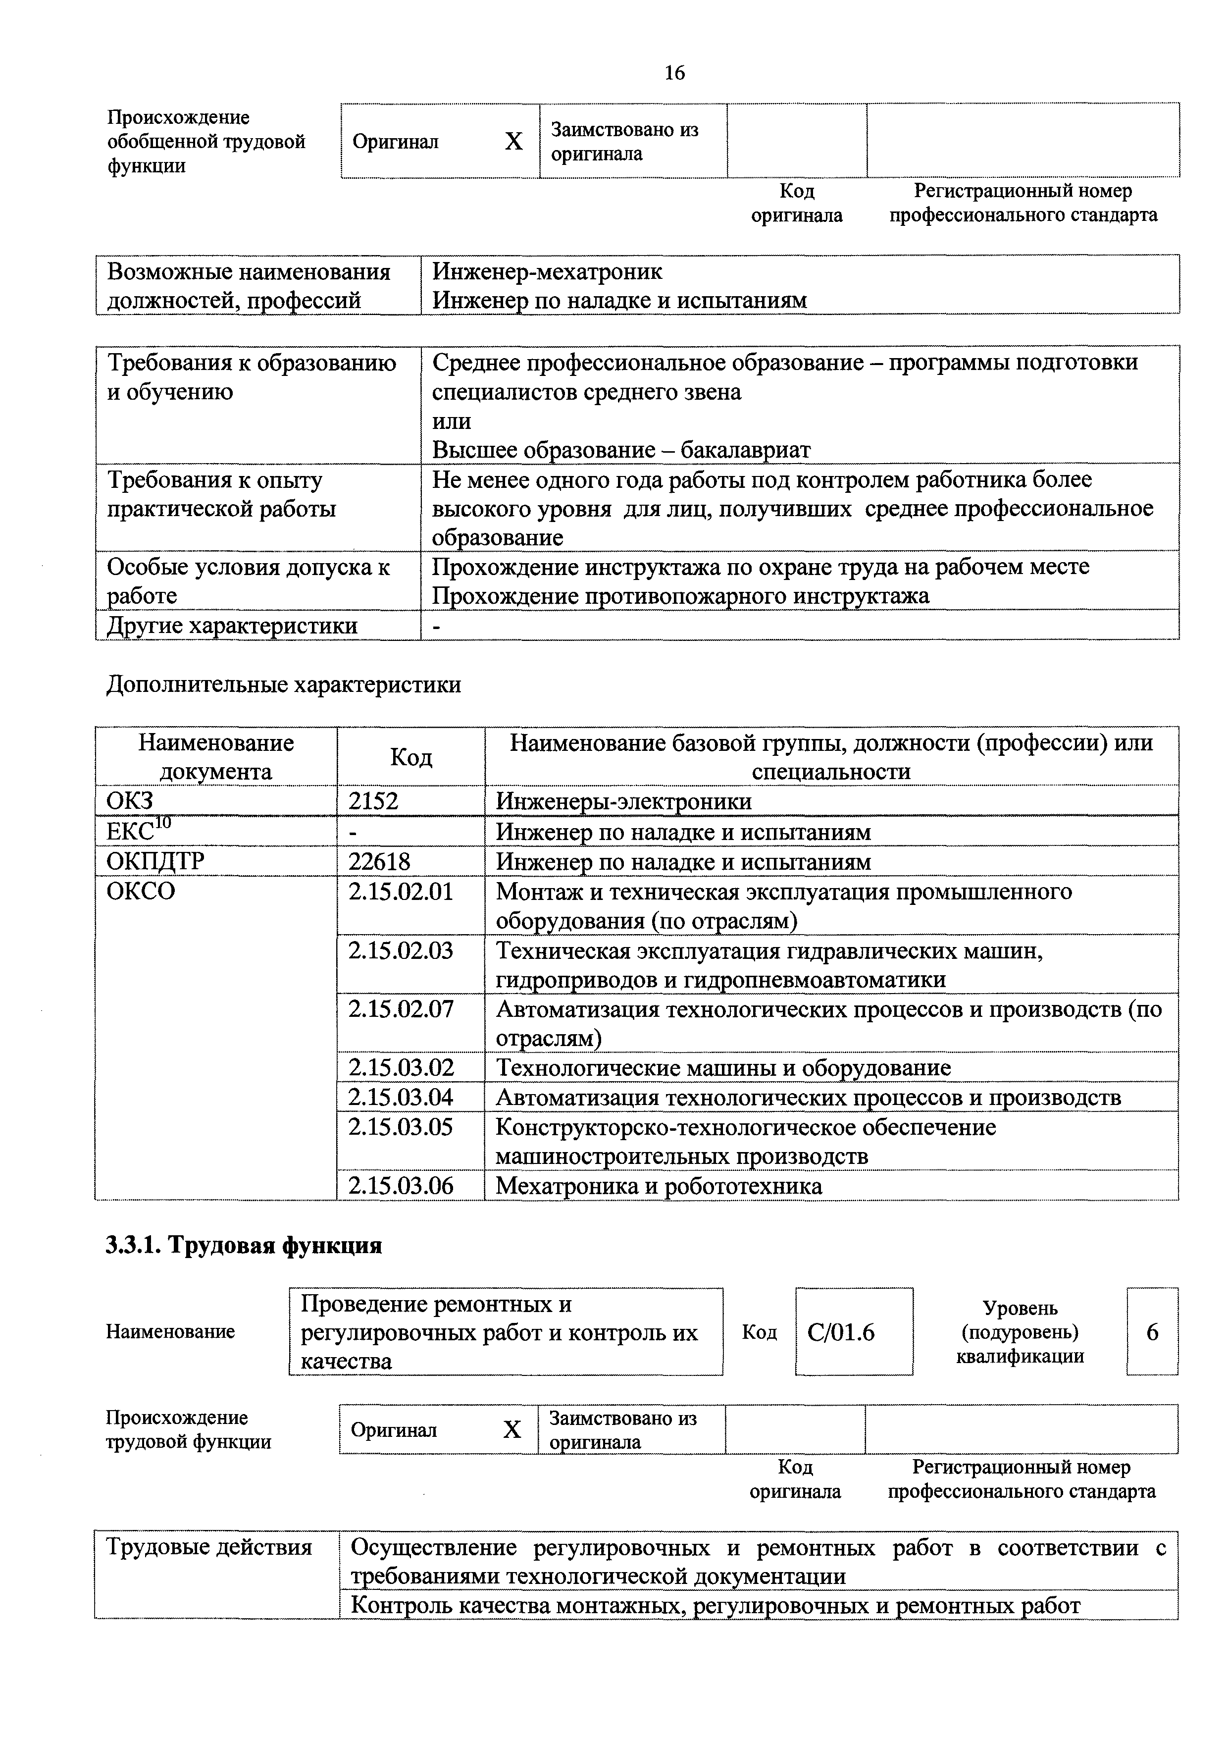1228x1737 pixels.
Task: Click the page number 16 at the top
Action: point(674,73)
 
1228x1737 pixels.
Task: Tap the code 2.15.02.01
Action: point(401,892)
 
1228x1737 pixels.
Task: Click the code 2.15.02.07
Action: point(401,1009)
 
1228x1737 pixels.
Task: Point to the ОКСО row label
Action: point(141,892)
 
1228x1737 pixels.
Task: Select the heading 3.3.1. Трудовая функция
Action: point(244,1245)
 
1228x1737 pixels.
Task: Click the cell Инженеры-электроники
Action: point(624,801)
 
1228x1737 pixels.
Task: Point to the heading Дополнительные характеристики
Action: point(284,684)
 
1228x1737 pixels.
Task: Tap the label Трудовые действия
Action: point(209,1548)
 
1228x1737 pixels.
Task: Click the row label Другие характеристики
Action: point(232,626)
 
